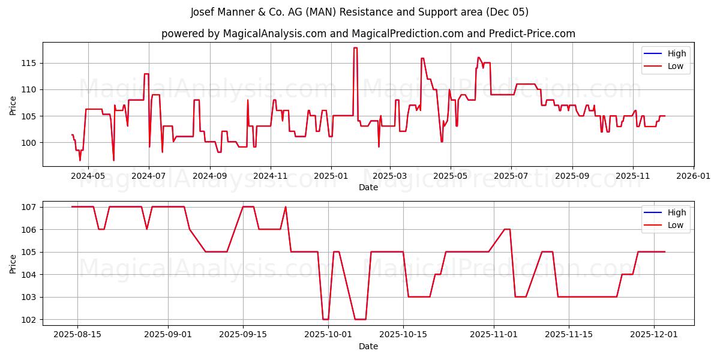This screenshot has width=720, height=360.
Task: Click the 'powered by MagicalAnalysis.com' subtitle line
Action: [x=368, y=34]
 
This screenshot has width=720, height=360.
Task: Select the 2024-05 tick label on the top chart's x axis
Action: [x=88, y=176]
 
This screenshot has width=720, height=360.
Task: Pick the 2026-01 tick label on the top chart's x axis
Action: [x=694, y=176]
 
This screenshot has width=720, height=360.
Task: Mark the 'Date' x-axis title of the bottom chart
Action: [x=368, y=346]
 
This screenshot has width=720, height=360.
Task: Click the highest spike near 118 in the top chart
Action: [x=355, y=48]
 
